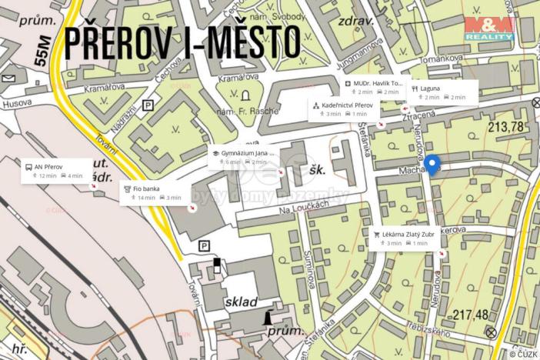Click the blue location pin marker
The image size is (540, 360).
pos(432,165)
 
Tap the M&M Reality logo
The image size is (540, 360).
pos(490,28)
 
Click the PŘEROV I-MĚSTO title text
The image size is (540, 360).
pos(182,44)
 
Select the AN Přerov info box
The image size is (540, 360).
pos(53,170)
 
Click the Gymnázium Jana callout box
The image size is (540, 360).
pos(242,157)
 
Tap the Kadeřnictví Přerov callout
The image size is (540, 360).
pos(344,108)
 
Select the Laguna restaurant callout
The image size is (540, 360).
pos(440,92)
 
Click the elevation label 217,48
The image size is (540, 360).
pos(471,314)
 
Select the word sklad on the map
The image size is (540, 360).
pos(242,302)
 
